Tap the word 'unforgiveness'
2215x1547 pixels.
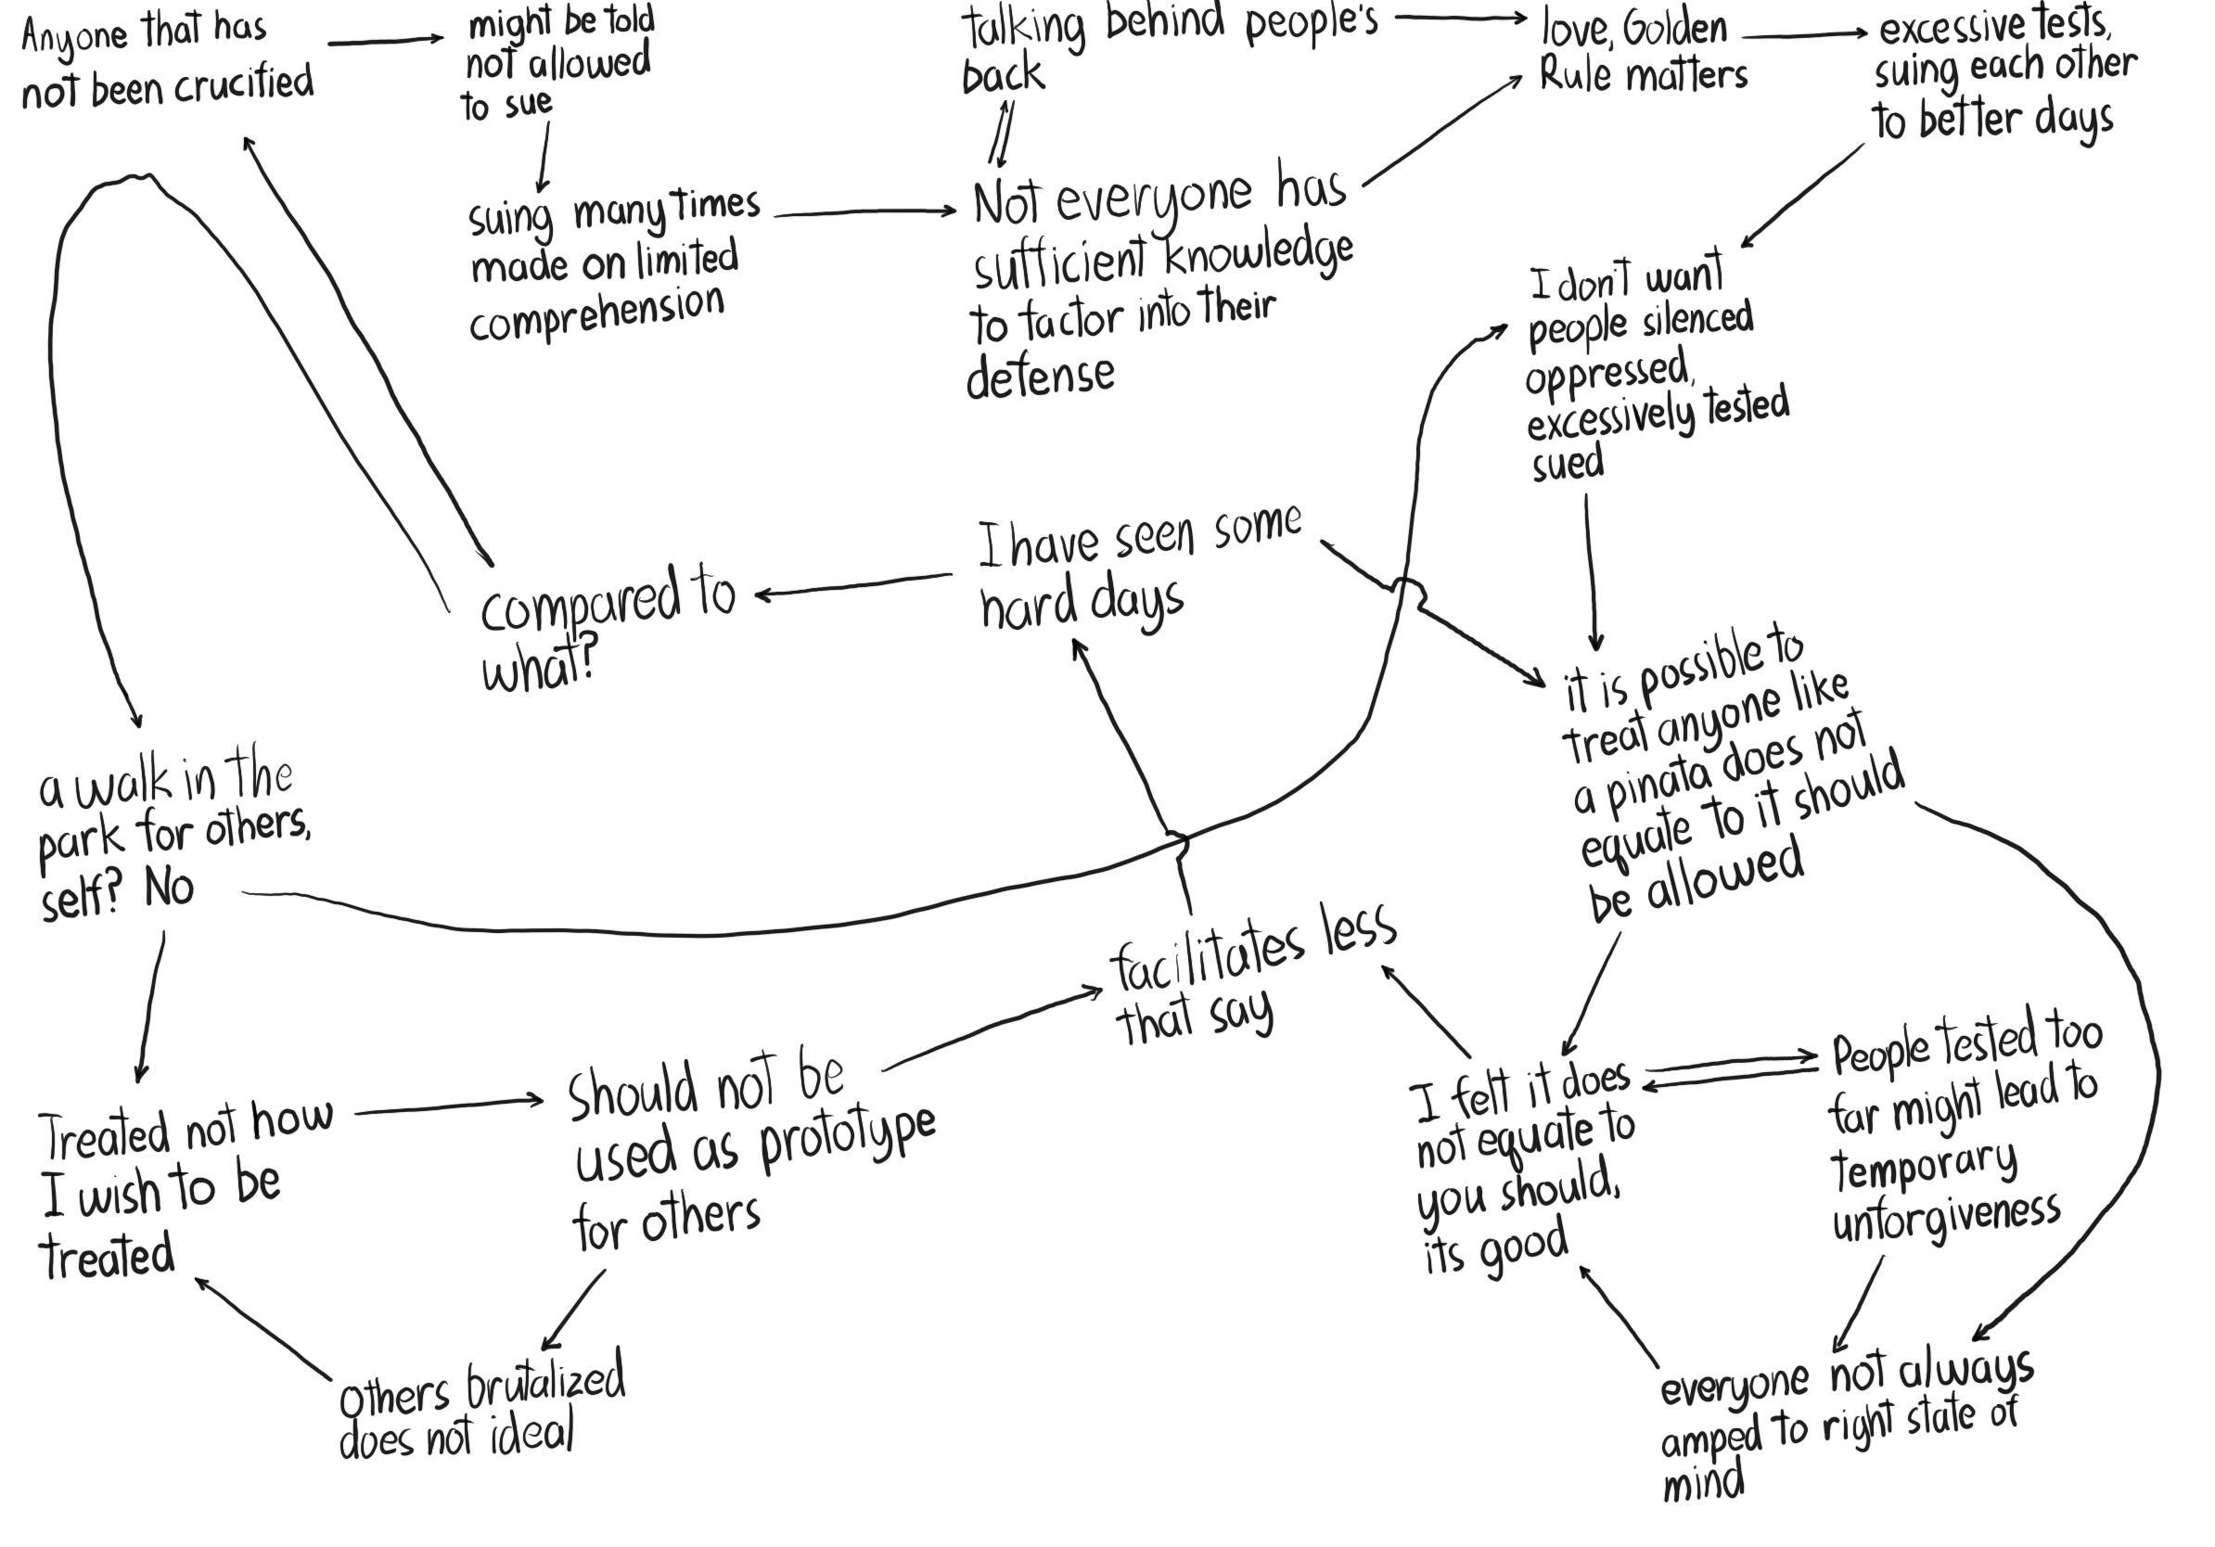tap(1946, 1219)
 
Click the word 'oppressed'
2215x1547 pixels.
tap(1607, 373)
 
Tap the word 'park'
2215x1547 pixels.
tap(81, 842)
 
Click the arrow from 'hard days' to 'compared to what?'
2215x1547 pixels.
tap(853, 585)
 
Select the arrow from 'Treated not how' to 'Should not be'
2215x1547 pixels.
tap(450, 1106)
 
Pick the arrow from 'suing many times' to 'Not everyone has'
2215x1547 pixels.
tap(865, 212)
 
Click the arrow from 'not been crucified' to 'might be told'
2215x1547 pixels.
tap(386, 42)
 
